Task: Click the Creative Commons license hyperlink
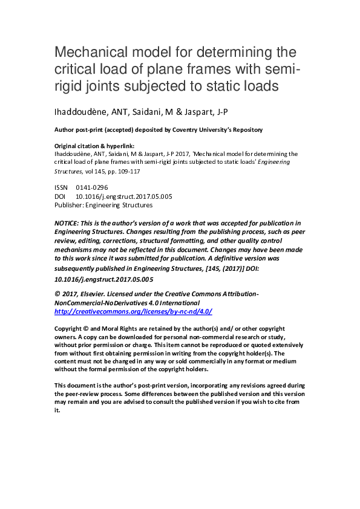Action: tap(133, 311)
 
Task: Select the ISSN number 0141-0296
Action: tap(92, 187)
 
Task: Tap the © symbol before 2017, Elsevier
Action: tap(57, 293)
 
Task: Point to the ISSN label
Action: tap(62, 187)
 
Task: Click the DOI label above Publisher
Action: tap(61, 196)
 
